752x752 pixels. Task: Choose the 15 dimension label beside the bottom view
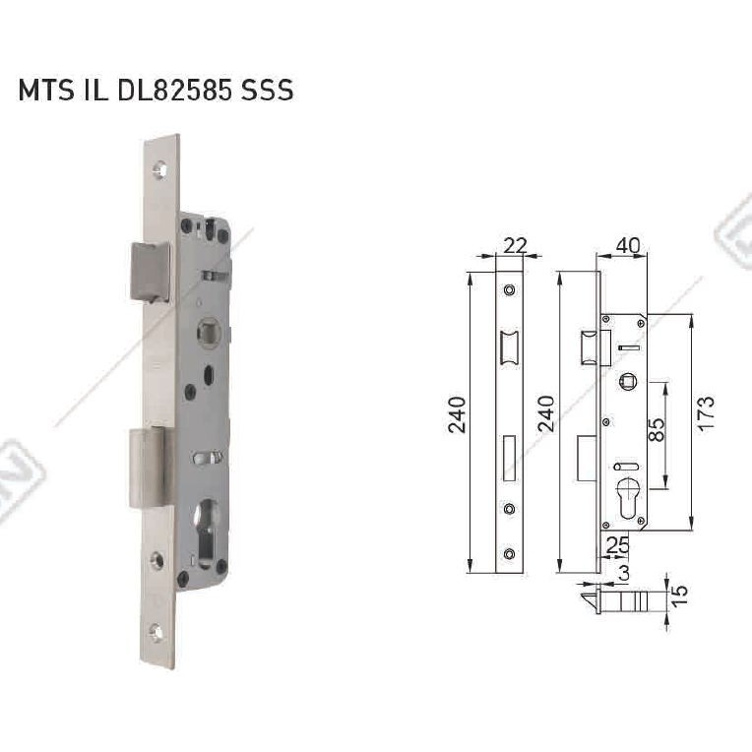click(680, 594)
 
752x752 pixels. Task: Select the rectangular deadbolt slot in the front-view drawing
click(509, 458)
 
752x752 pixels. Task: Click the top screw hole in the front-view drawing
click(509, 290)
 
